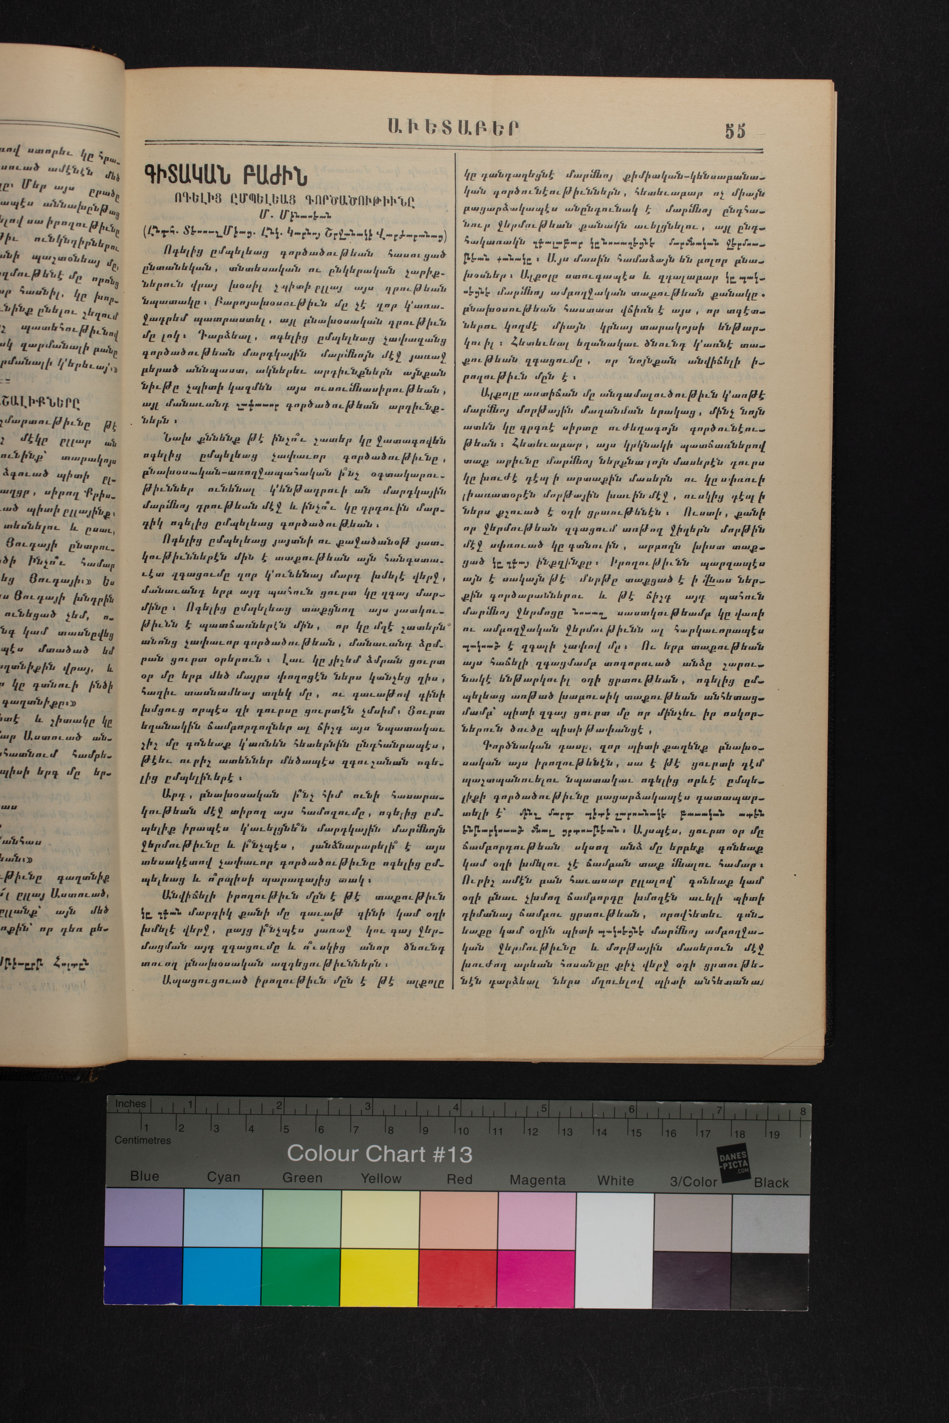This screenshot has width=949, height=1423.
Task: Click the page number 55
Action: coord(735,131)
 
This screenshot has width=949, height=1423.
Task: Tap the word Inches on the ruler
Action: coord(130,1103)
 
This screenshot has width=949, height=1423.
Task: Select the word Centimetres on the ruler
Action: coord(143,1140)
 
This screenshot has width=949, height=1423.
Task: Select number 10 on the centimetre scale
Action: coord(463,1130)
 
